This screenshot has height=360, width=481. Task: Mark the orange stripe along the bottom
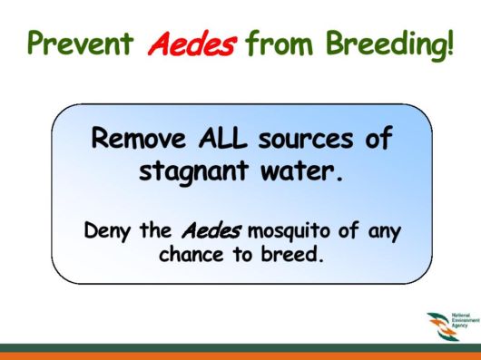240,355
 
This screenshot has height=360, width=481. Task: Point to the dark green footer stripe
240,345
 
